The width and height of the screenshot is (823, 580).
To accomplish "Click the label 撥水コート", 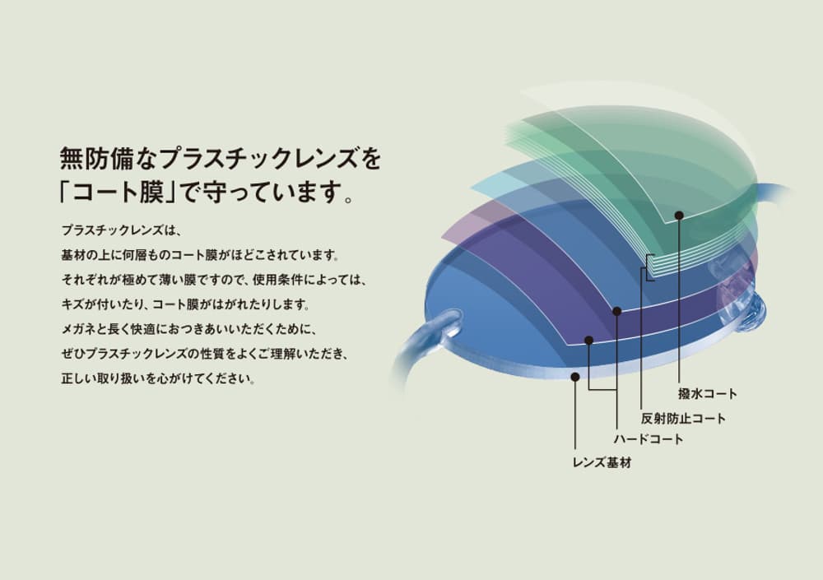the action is point(708,394).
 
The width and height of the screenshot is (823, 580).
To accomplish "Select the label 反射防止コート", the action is point(683,418).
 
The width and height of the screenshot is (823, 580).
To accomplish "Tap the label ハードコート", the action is point(649,439).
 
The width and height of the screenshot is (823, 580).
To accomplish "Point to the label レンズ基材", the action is point(602,463).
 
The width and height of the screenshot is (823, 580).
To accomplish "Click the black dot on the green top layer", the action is point(679,216).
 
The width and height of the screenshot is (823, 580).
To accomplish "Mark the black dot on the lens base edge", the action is point(575,377).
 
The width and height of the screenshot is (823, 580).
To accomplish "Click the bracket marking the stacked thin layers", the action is point(649,267).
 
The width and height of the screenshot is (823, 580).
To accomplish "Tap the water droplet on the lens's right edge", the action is point(752,313).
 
